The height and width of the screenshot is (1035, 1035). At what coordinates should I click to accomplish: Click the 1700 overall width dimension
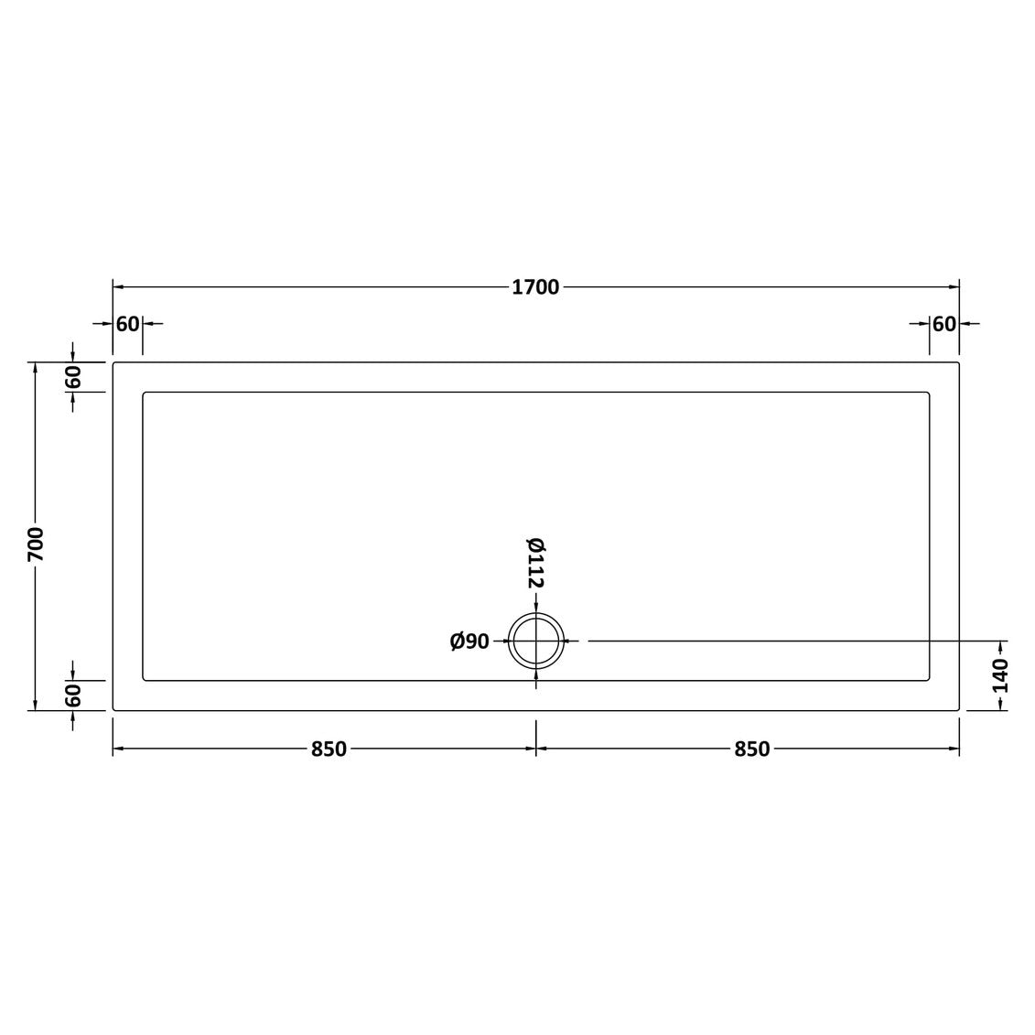click(535, 287)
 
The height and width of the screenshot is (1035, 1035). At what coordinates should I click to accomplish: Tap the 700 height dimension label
click(36, 544)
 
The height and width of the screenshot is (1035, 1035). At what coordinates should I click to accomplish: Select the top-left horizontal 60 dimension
click(128, 324)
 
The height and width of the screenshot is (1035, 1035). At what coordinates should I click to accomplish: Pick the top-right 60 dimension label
click(943, 324)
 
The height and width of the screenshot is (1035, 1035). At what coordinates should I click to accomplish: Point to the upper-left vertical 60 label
click(72, 377)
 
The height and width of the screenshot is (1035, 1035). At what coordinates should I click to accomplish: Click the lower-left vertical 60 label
click(72, 695)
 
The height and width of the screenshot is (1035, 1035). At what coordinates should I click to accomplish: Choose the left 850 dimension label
click(329, 749)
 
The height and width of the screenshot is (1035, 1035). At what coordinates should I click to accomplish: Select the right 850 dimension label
click(752, 749)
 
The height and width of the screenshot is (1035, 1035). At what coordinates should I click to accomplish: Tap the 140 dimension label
click(1000, 675)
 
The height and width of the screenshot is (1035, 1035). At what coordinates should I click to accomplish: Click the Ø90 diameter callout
click(470, 641)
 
